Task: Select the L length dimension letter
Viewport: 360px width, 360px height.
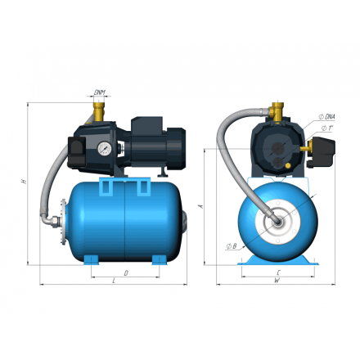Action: click(x=112, y=281)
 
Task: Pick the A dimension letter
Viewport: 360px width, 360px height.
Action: click(x=201, y=207)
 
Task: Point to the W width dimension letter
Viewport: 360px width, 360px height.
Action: click(x=277, y=281)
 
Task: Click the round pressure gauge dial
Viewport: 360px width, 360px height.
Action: click(x=105, y=150)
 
